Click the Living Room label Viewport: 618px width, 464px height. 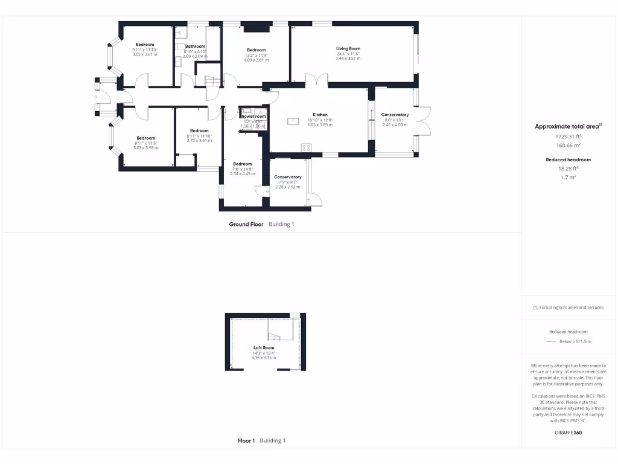(x=348, y=48)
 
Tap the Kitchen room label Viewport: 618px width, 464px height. (x=320, y=114)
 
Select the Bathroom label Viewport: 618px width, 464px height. (x=195, y=46)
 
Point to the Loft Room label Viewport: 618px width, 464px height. (x=264, y=348)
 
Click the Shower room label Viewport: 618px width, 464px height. (x=253, y=116)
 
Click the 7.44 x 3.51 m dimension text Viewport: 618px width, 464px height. (x=348, y=59)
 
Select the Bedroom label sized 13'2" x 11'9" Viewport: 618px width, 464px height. (x=256, y=50)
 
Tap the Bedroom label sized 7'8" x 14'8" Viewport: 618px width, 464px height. (x=243, y=164)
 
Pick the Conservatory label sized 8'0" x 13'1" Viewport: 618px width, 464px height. (x=395, y=115)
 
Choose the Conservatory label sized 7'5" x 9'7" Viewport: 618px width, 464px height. (x=288, y=177)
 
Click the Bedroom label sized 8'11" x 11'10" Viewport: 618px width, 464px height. (x=199, y=131)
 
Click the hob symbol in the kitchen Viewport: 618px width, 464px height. (x=306, y=147)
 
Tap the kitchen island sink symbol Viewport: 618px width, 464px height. (x=295, y=121)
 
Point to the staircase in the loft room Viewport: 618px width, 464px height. (x=276, y=331)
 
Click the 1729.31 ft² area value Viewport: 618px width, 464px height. (x=567, y=137)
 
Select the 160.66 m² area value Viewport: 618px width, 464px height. (x=567, y=145)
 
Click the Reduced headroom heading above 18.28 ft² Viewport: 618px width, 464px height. (x=567, y=159)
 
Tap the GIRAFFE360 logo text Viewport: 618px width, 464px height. (x=568, y=433)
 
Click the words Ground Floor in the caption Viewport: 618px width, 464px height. (x=246, y=224)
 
